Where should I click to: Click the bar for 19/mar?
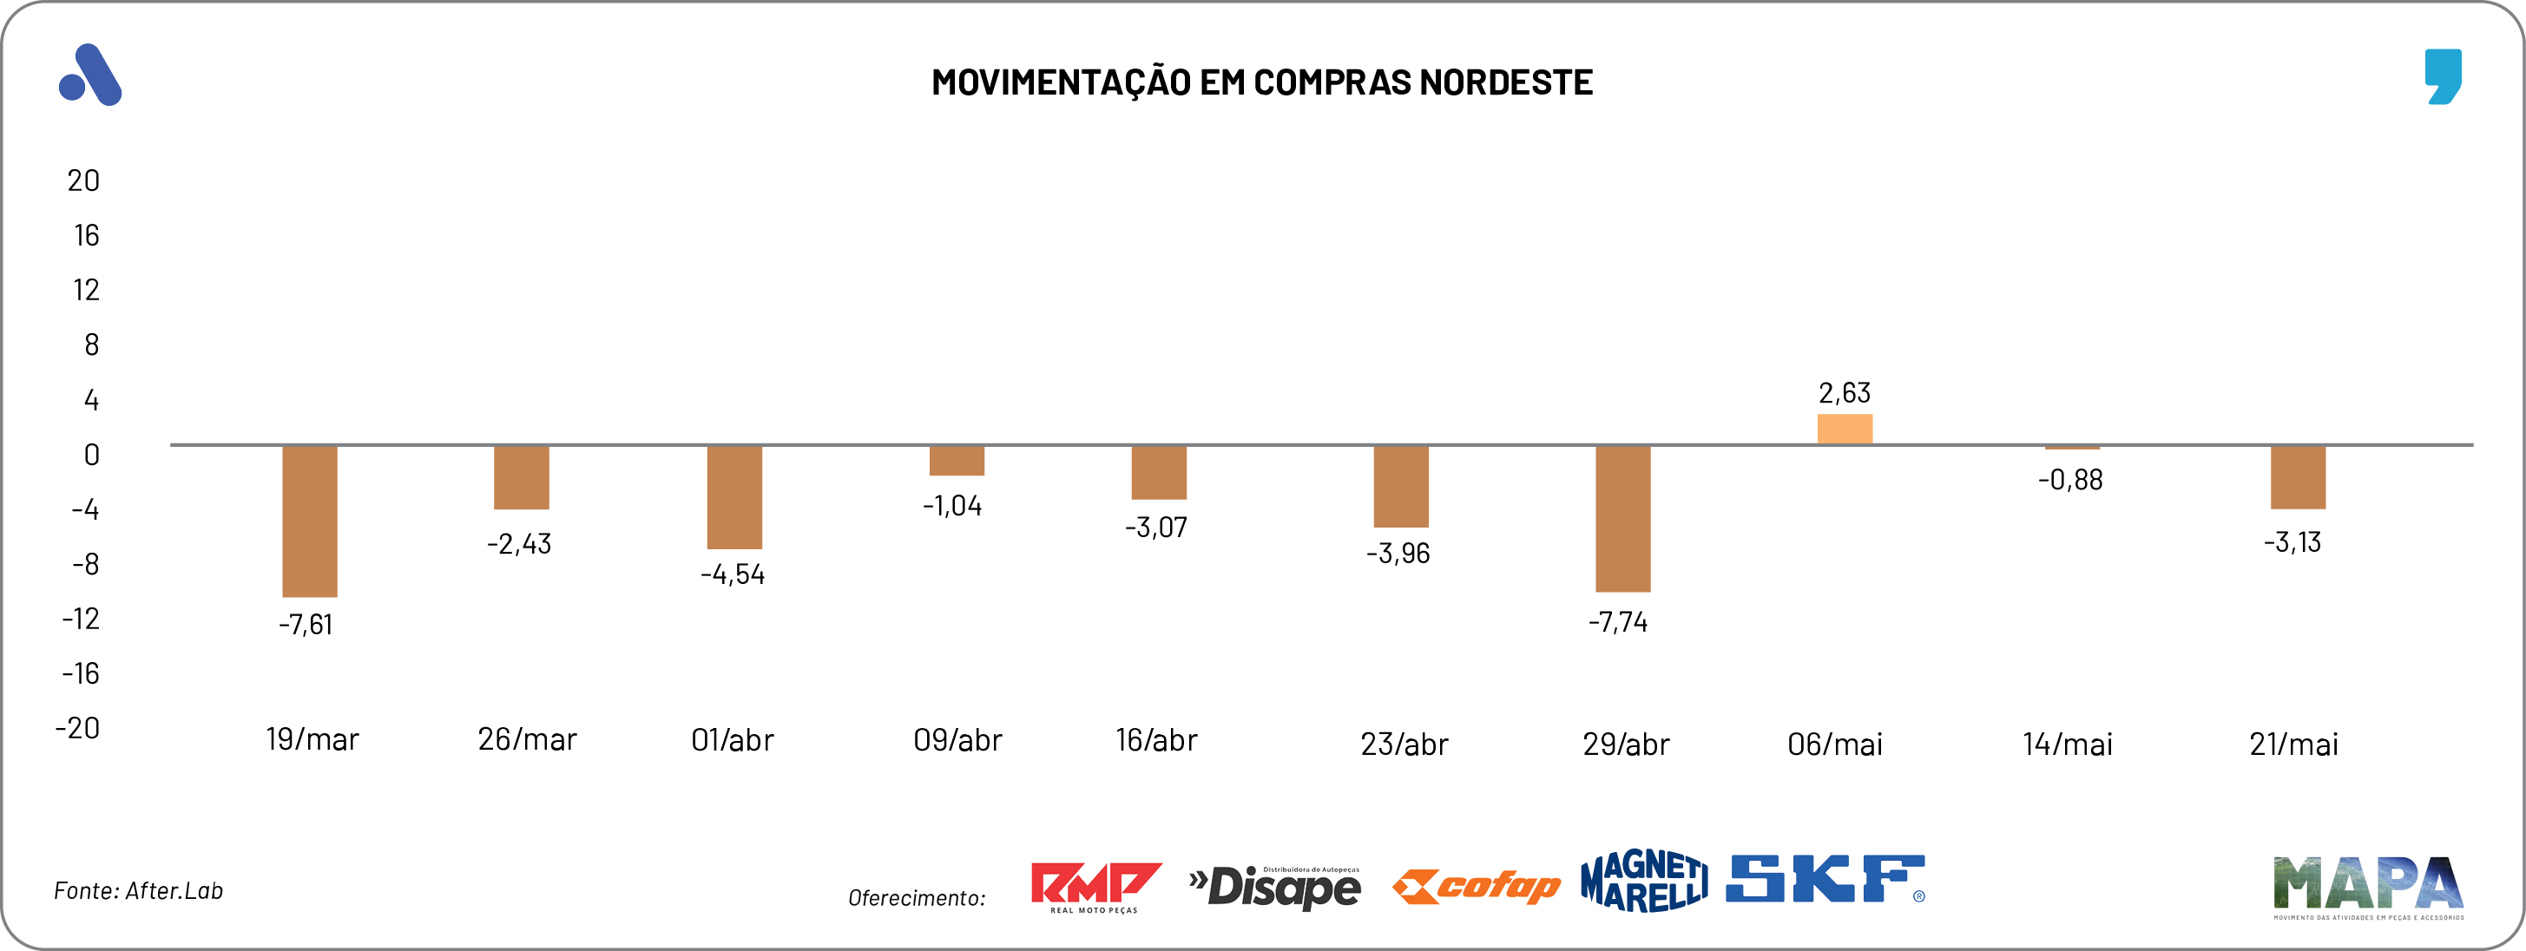[x=310, y=521]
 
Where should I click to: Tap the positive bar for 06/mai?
[x=1845, y=430]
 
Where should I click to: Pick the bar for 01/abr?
[x=734, y=497]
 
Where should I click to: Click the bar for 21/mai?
[x=2298, y=477]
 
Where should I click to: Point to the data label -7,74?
[x=1618, y=621]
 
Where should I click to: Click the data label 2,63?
[x=1845, y=393]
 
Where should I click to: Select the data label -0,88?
[x=2070, y=480]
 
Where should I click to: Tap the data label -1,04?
[x=952, y=506]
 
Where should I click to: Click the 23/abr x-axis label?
[x=1404, y=744]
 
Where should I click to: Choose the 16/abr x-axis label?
[x=1156, y=740]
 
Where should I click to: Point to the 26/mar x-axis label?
[x=528, y=739]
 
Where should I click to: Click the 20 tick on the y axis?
[x=83, y=180]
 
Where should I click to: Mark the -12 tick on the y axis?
[x=82, y=619]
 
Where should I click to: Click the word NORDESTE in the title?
[x=1506, y=82]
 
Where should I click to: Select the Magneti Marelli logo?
[x=1643, y=881]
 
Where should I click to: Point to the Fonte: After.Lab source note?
[x=138, y=890]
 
